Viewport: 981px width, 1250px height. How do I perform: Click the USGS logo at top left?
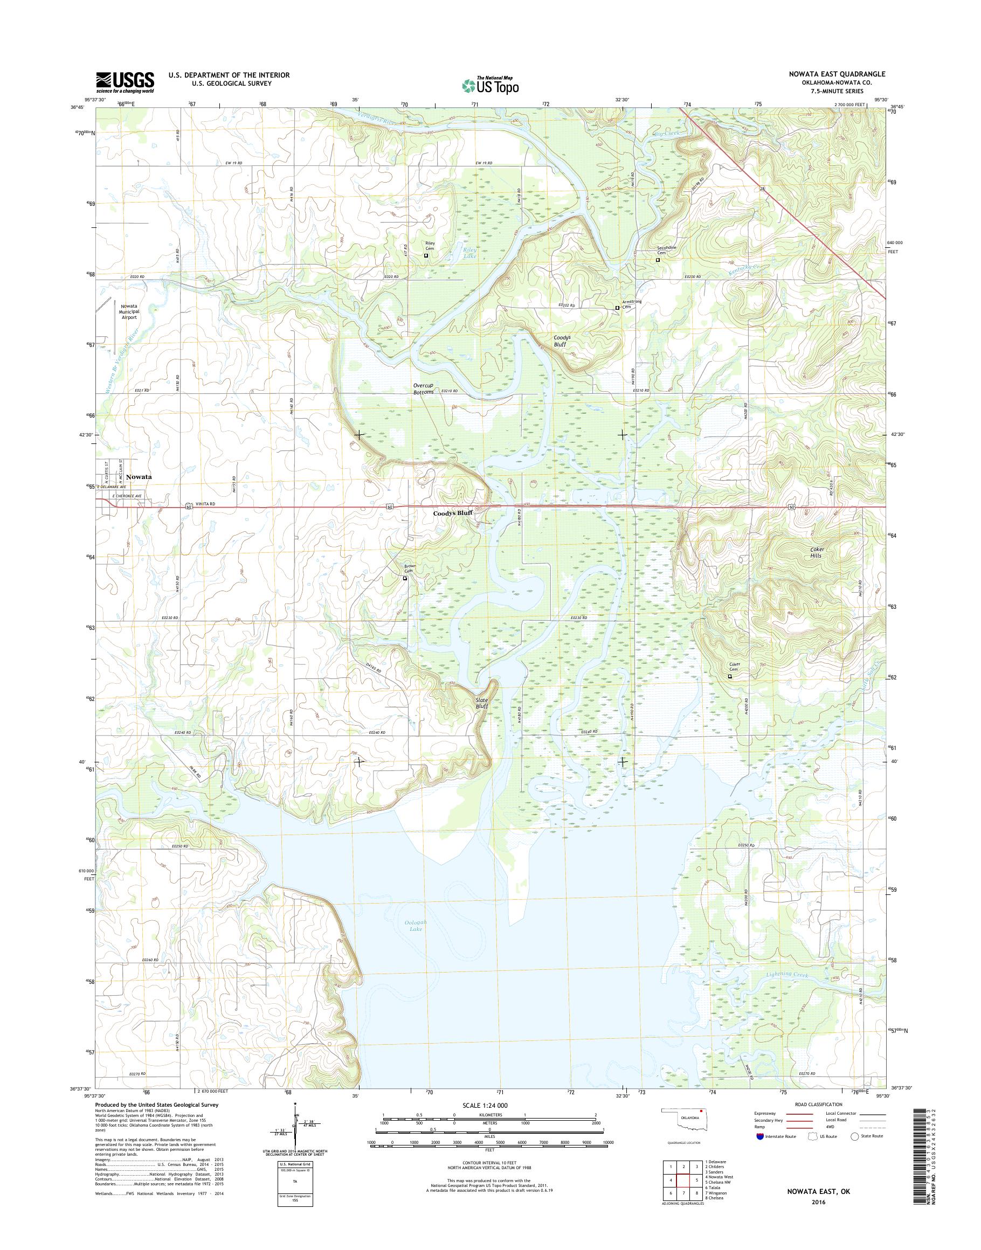click(x=125, y=81)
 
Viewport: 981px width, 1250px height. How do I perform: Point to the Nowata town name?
click(x=139, y=477)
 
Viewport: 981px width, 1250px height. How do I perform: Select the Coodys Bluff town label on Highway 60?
click(x=453, y=514)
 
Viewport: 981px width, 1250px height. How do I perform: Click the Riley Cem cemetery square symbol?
click(x=426, y=255)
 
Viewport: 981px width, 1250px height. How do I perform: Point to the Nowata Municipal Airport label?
click(x=129, y=311)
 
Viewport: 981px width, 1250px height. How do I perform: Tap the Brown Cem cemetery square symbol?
click(x=404, y=579)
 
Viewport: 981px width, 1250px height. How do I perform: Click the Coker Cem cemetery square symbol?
click(x=730, y=676)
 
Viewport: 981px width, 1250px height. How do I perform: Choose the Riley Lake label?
click(x=470, y=253)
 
